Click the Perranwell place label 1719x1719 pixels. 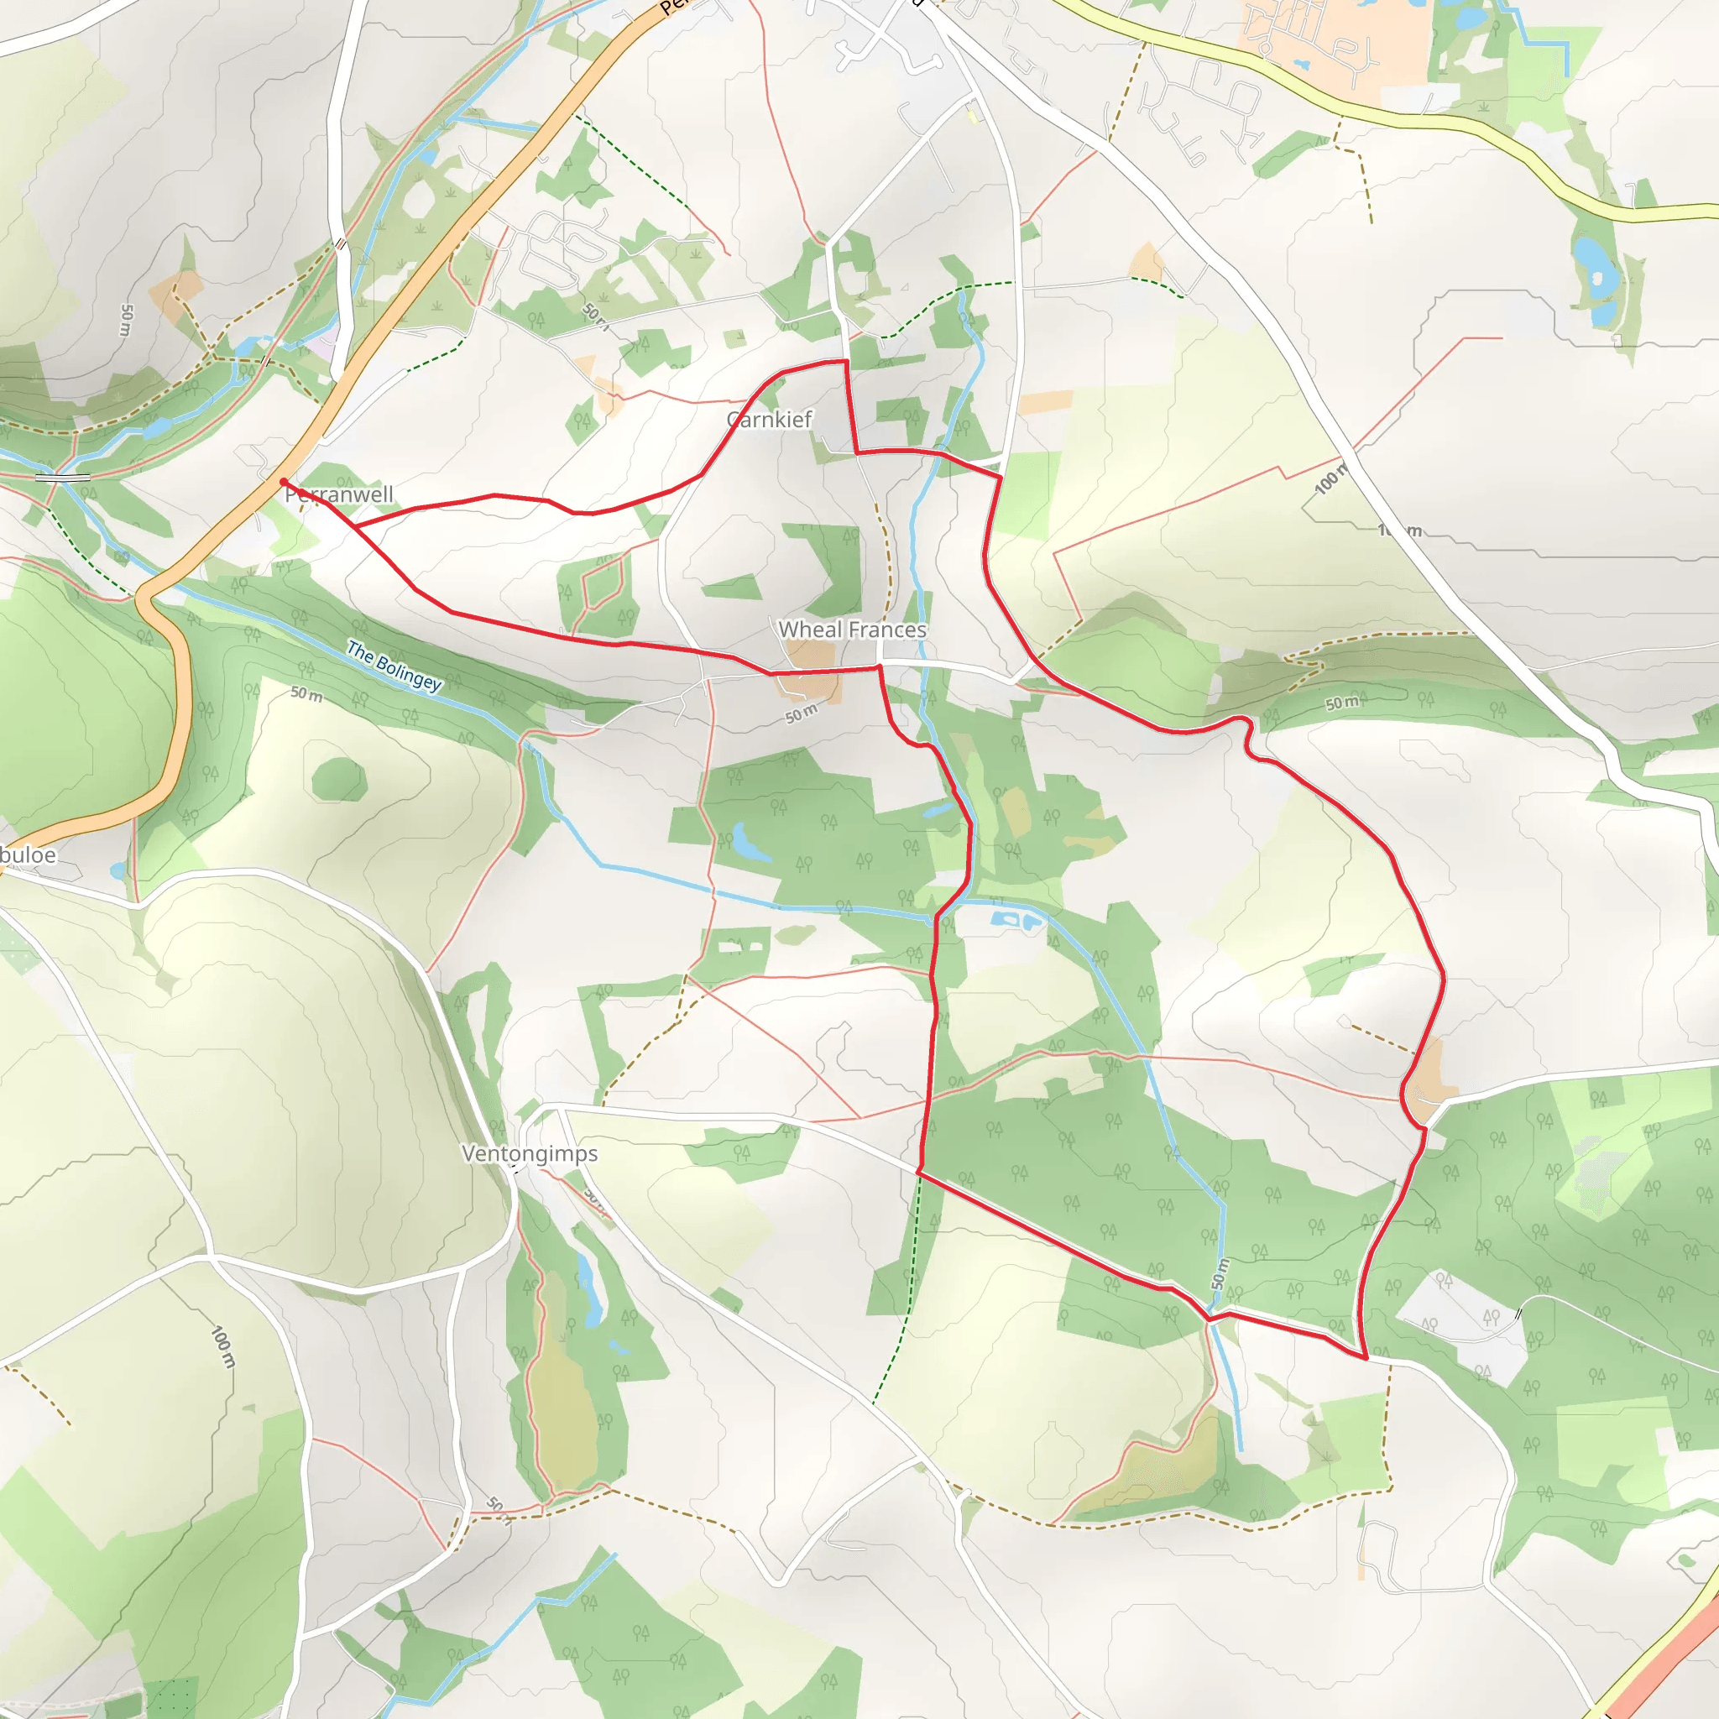click(x=339, y=494)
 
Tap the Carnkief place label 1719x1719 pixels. click(x=770, y=420)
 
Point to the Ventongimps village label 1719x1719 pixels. click(x=530, y=1154)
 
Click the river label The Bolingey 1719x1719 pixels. click(x=394, y=666)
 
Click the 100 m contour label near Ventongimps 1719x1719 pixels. click(x=223, y=1347)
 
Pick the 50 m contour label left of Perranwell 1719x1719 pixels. click(x=127, y=321)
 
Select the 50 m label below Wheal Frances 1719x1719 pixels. click(x=801, y=713)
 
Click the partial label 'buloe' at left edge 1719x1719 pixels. click(x=29, y=856)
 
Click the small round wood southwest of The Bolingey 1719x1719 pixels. click(x=339, y=781)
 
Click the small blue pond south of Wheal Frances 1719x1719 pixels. click(x=745, y=842)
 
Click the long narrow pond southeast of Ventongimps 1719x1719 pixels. click(x=589, y=1290)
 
